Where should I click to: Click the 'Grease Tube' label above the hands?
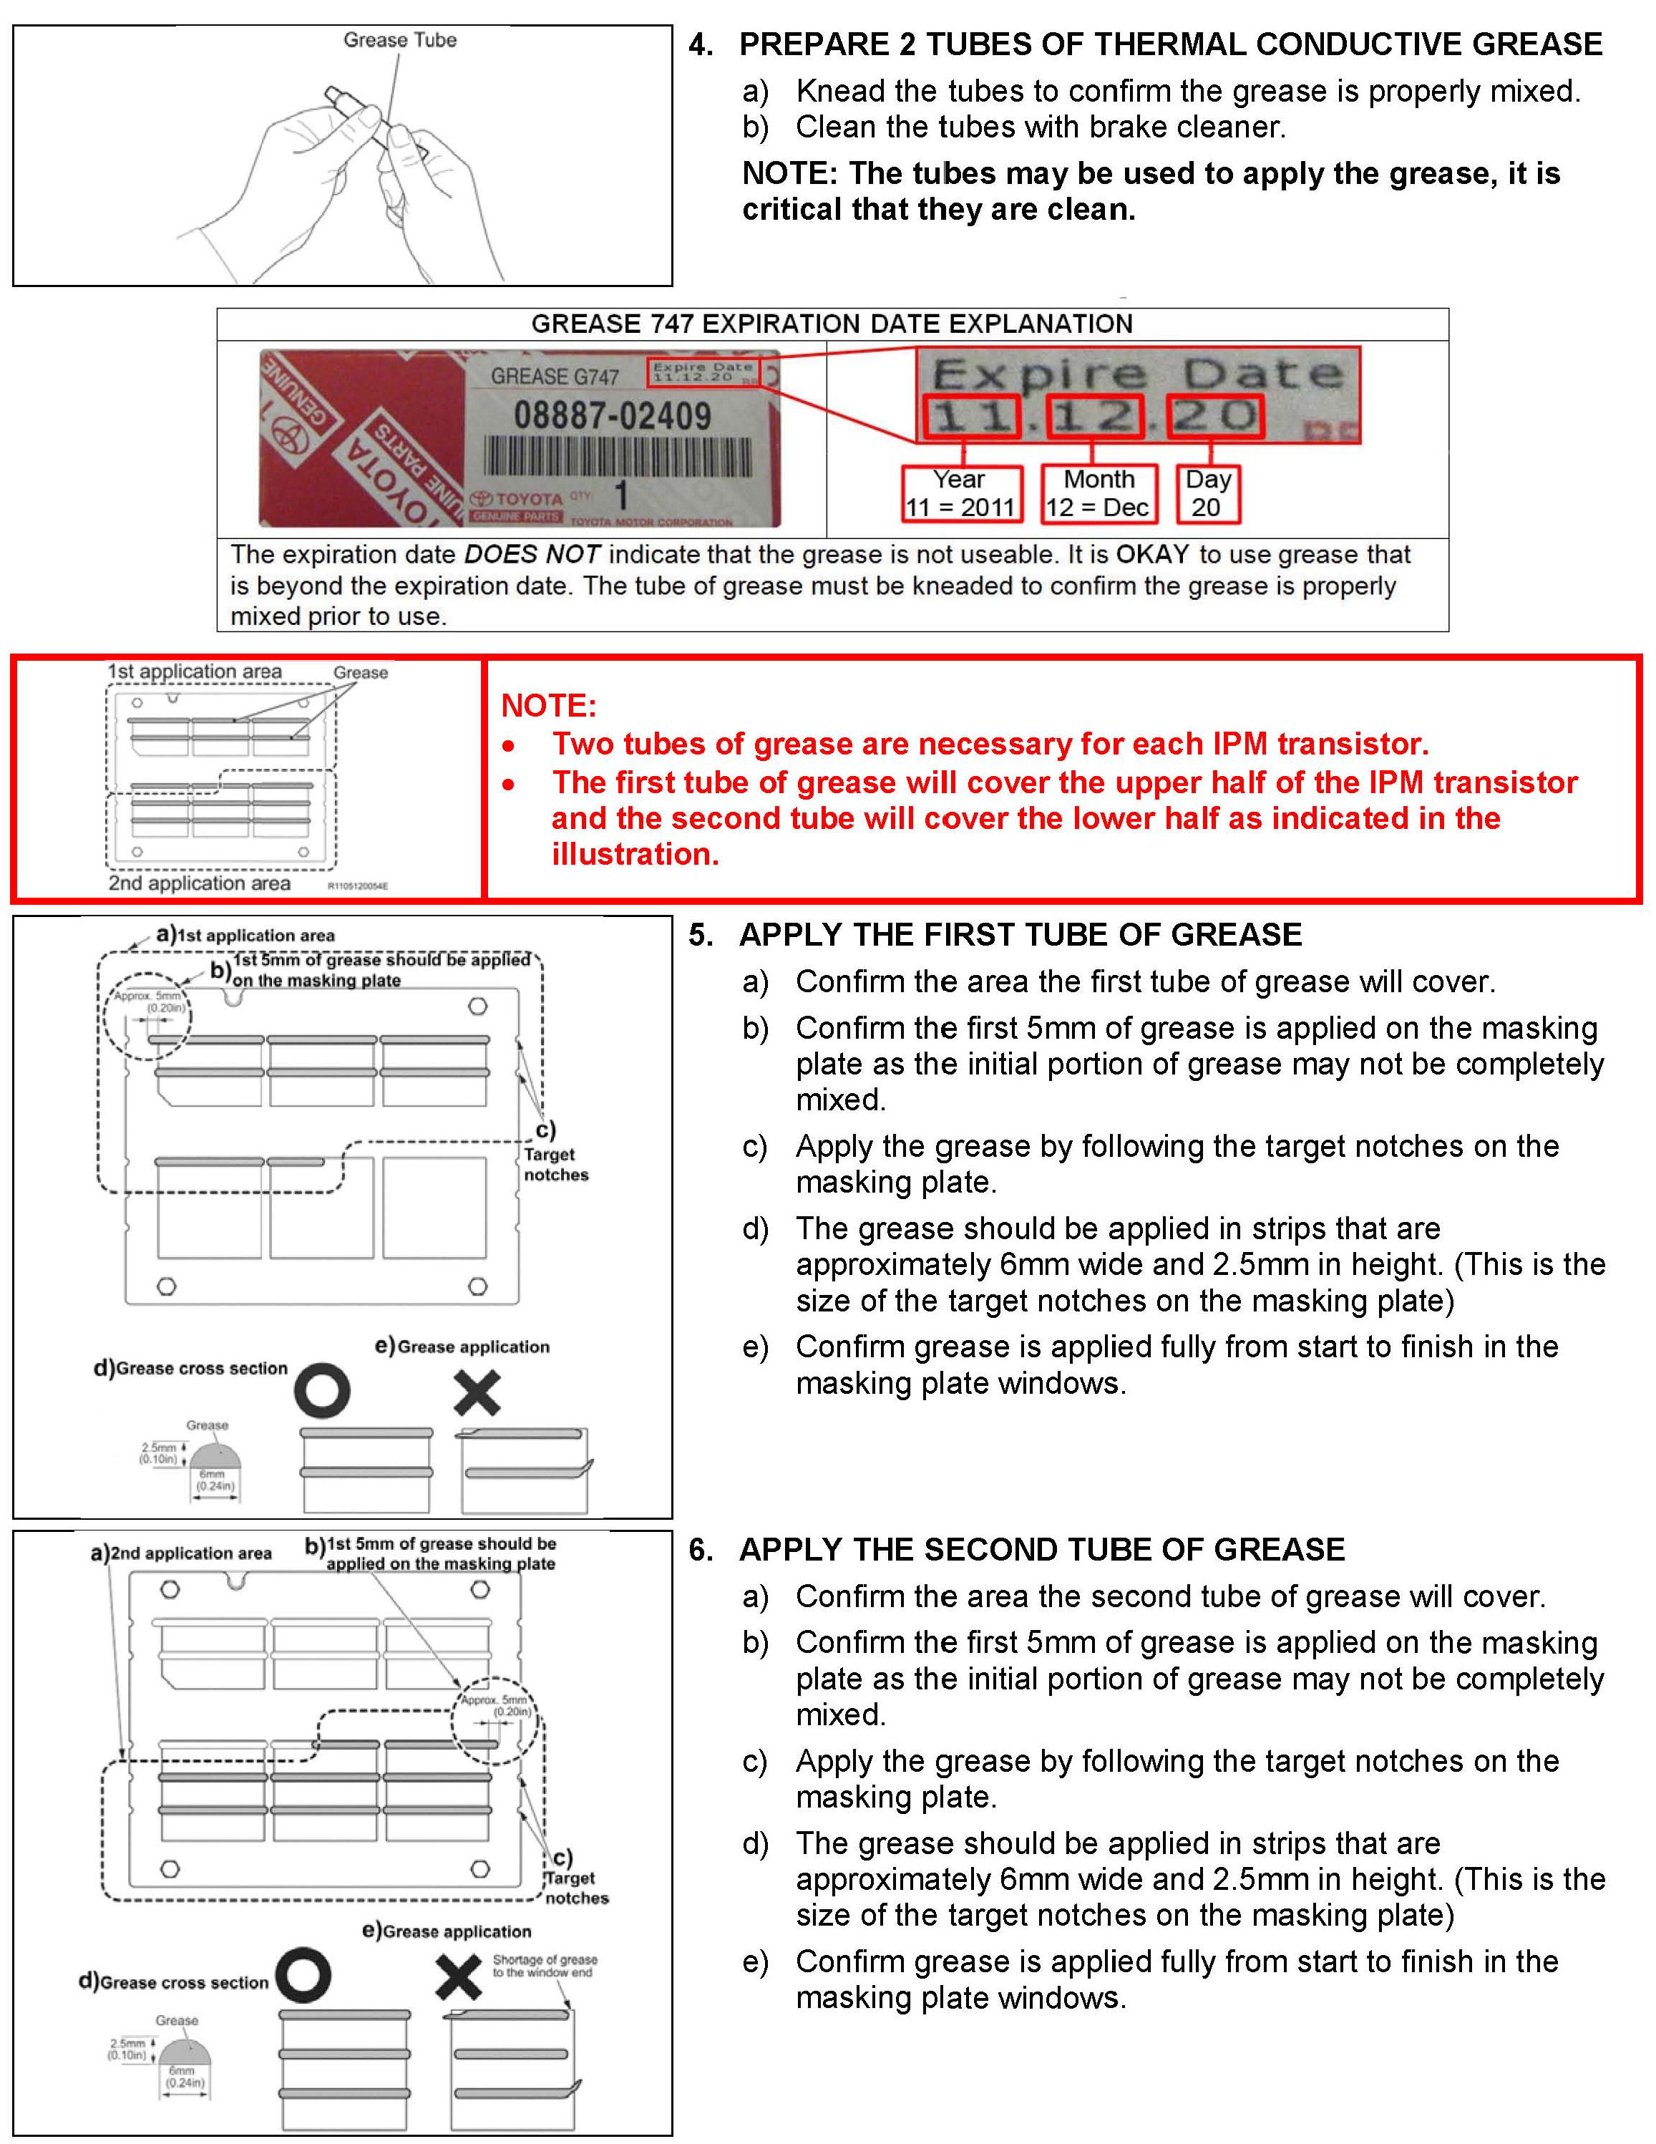click(399, 40)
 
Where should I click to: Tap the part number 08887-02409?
click(613, 415)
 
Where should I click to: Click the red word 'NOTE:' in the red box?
click(547, 706)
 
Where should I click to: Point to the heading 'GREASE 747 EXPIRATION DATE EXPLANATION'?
click(832, 324)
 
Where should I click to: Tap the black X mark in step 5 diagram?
click(478, 1392)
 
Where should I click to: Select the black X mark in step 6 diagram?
click(459, 1978)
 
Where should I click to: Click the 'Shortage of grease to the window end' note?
click(544, 1965)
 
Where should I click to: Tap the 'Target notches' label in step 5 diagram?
click(555, 1164)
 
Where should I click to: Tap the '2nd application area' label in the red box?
click(199, 883)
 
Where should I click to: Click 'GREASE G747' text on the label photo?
click(555, 377)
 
